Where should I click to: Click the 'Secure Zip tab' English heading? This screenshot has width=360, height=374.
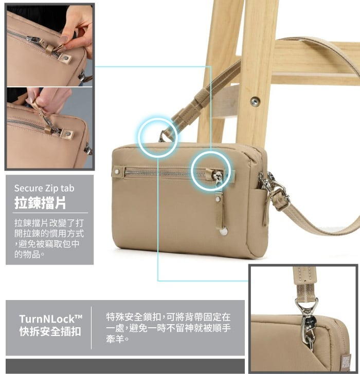coord(44,189)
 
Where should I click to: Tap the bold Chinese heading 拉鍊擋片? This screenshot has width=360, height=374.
coord(40,203)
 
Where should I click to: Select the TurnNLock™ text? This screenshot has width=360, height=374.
coord(50,319)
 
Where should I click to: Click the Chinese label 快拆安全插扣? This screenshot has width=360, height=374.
coord(50,331)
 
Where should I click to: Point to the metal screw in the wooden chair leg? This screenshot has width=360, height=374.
coord(255,102)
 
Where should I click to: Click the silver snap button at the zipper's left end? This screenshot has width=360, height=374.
coord(117,172)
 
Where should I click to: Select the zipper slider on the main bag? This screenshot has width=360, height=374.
coord(218,177)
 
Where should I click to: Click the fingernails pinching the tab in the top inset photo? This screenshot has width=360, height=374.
coord(63,41)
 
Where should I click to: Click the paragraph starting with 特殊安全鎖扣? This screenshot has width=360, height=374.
coord(168,328)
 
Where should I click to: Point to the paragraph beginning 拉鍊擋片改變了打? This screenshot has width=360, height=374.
coord(49,238)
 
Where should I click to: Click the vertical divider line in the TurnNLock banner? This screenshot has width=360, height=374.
coord(91,328)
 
